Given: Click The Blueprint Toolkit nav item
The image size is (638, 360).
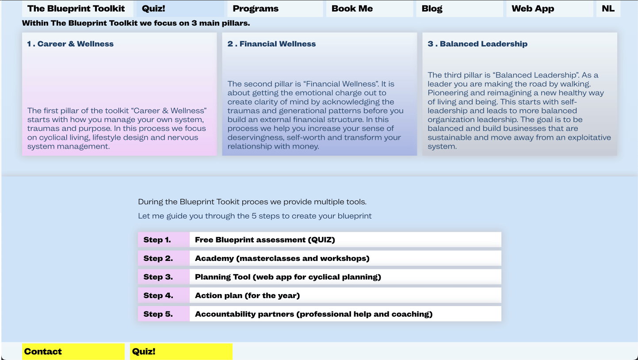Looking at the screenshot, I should click(76, 9).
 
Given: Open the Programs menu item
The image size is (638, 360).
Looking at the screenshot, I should click(256, 9).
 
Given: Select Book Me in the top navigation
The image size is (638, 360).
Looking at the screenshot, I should click(352, 9).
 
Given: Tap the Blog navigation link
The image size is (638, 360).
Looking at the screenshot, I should click(432, 9).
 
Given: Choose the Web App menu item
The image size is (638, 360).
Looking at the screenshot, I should click(533, 9).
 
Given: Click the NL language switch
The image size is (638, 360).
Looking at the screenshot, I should click(608, 9).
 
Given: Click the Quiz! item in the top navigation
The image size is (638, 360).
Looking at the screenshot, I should click(153, 9).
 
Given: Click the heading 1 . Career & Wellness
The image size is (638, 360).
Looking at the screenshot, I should click(70, 44).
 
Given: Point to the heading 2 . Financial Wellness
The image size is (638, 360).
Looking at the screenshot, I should click(271, 44).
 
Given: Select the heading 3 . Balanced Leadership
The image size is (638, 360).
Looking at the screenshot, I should click(478, 44).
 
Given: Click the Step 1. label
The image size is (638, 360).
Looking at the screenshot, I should click(157, 240).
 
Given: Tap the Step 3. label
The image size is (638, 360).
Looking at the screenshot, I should click(158, 277).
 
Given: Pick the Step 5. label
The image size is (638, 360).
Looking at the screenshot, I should click(158, 314).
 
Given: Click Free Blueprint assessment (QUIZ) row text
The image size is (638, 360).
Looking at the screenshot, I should click(265, 240).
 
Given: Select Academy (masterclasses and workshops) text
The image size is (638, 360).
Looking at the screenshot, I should click(282, 258).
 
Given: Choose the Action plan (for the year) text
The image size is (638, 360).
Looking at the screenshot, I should click(247, 295).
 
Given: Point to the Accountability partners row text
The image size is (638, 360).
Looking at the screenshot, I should click(313, 314).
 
